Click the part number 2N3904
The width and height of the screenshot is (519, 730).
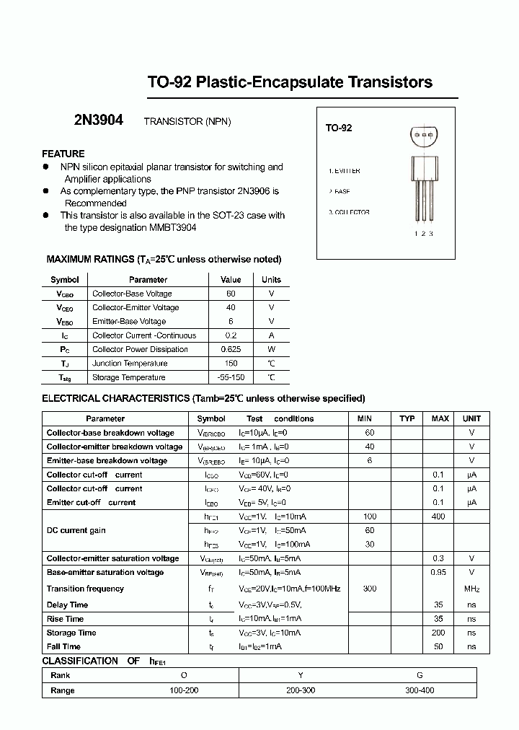click(99, 121)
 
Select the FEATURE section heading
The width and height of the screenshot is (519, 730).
click(63, 154)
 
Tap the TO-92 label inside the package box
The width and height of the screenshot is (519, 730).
click(339, 128)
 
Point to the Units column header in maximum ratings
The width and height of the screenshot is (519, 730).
click(271, 280)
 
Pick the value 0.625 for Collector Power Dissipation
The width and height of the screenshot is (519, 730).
click(231, 349)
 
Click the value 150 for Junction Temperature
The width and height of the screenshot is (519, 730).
click(231, 364)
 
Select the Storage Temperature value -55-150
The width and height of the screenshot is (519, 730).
click(231, 377)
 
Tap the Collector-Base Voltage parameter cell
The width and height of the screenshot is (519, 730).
click(132, 294)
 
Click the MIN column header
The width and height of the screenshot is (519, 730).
click(365, 418)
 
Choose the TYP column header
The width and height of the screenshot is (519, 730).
click(407, 418)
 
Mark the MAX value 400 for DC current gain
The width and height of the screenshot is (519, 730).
click(438, 516)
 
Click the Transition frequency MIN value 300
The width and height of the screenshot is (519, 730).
click(369, 589)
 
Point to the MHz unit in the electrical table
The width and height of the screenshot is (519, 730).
click(471, 589)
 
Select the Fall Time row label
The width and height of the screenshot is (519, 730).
click(63, 647)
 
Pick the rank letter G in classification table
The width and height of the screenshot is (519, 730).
click(420, 676)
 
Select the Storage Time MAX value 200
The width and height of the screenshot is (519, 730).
click(438, 633)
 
